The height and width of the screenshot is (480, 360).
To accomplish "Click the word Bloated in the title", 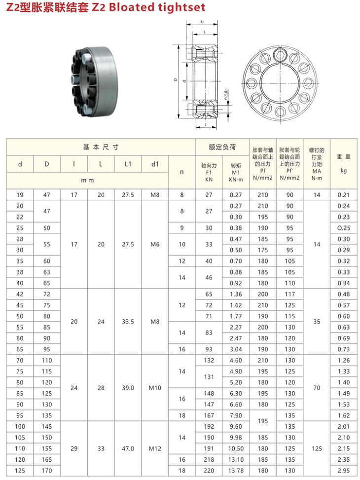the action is (x=133, y=7).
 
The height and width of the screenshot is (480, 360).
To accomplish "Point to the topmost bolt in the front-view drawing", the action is (x=281, y=54).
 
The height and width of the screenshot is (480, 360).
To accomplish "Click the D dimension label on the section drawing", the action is (x=176, y=79).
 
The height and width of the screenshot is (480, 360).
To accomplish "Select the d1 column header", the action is (x=155, y=164).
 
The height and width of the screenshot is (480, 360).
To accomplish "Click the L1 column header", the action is (x=128, y=164).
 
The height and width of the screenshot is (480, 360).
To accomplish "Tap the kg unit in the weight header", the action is (x=343, y=171).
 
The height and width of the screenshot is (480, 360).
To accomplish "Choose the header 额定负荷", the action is (x=222, y=147).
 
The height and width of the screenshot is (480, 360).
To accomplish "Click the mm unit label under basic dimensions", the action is (x=87, y=180).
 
